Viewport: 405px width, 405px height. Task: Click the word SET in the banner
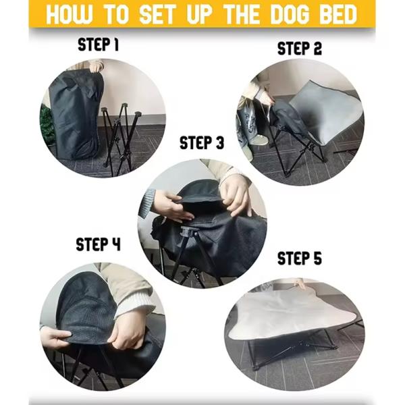coord(157,15)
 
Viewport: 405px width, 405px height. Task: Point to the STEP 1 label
coord(98,45)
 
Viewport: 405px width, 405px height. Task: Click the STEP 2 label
coord(300,49)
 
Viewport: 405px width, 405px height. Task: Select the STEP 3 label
coord(201,143)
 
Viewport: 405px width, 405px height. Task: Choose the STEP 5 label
coord(299,259)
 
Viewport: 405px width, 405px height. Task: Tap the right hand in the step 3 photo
coord(236,192)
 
